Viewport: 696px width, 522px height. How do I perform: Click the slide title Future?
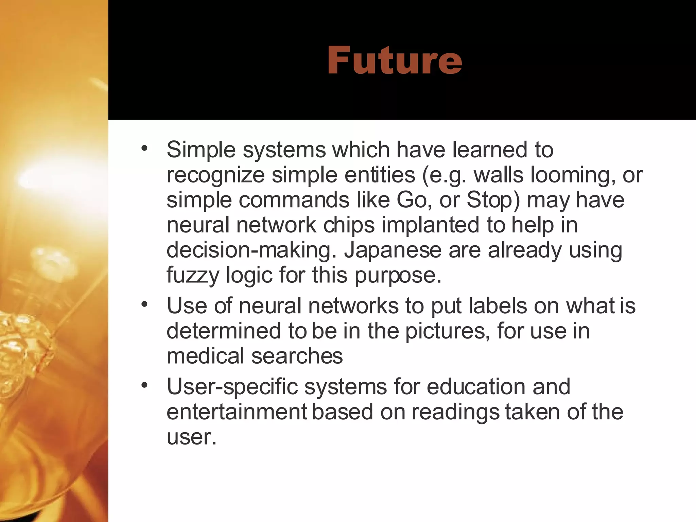[394, 60]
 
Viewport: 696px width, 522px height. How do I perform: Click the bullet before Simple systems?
[145, 149]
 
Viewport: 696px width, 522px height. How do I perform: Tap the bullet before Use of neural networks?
[145, 304]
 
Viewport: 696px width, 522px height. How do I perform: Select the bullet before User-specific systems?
[145, 385]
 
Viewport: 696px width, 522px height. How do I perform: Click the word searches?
[297, 356]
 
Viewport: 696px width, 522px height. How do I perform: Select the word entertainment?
[237, 412]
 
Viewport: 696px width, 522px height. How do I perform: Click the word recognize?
[215, 175]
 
